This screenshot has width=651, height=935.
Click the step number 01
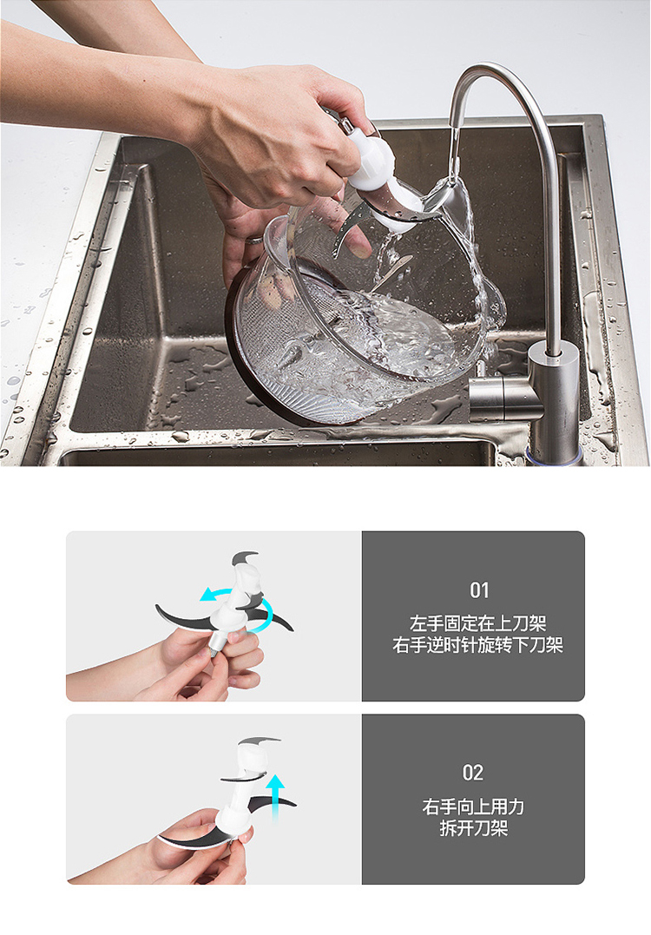coord(479,590)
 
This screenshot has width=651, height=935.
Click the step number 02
coord(473,773)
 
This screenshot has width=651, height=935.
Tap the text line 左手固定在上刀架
coord(478,623)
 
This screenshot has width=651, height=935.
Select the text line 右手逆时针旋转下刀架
coord(478,645)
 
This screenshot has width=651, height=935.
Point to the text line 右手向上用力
coord(473,807)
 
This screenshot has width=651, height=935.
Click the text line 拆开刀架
coord(473,828)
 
